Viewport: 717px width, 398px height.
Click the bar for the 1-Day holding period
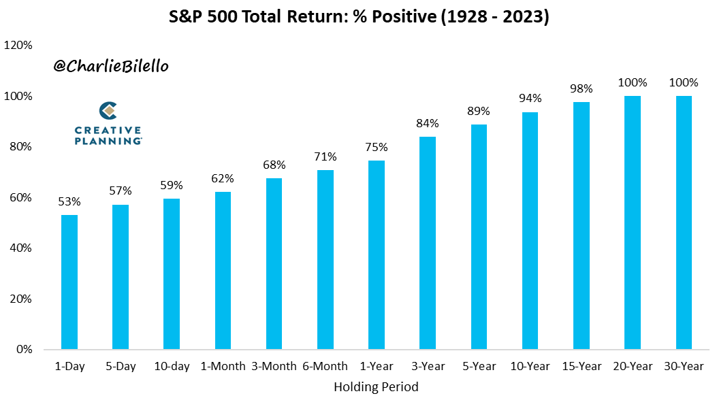(x=69, y=282)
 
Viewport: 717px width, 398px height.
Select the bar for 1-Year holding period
(x=377, y=255)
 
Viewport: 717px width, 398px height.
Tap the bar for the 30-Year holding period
(x=684, y=222)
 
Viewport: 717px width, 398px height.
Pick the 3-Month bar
(x=274, y=264)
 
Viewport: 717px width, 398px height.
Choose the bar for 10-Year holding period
(x=530, y=231)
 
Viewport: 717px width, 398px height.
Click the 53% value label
(x=69, y=201)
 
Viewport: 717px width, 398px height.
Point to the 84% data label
(x=428, y=123)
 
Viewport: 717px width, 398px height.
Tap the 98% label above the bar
(x=581, y=88)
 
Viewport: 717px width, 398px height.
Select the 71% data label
(x=325, y=156)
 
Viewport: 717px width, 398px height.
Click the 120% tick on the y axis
(x=18, y=46)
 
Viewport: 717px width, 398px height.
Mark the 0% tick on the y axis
(x=23, y=350)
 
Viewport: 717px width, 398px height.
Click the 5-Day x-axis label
(x=121, y=366)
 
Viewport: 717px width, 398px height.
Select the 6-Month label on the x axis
(x=325, y=366)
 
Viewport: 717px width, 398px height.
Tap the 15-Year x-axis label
(x=581, y=366)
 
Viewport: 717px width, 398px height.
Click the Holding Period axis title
(x=376, y=386)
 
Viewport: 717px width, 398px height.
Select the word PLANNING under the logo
(x=108, y=140)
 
